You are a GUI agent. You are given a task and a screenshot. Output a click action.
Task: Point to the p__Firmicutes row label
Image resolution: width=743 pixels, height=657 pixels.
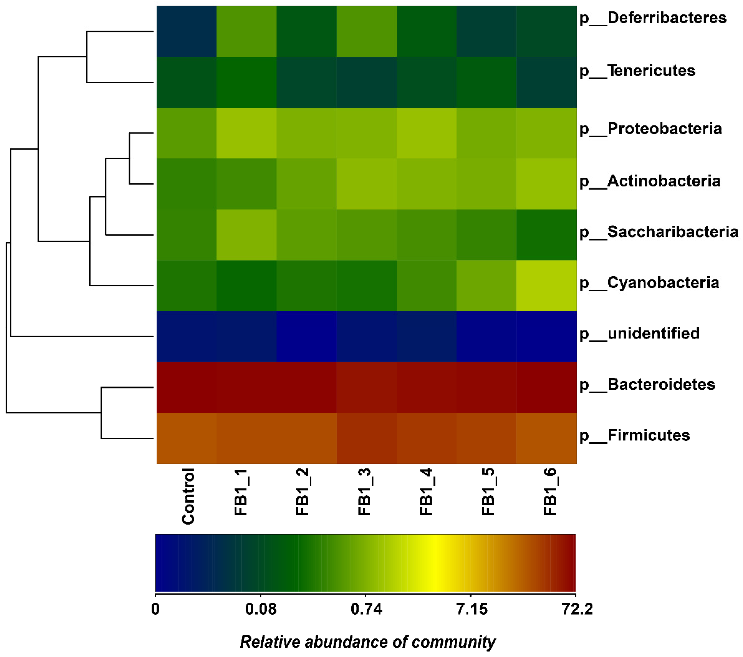(x=634, y=435)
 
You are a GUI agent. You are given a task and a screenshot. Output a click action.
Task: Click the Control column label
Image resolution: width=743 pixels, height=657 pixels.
(x=188, y=496)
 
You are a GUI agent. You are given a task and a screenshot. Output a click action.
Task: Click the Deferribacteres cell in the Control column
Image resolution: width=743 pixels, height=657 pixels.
(x=186, y=31)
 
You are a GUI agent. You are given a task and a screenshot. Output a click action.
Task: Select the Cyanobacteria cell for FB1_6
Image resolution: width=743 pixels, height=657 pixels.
(x=546, y=286)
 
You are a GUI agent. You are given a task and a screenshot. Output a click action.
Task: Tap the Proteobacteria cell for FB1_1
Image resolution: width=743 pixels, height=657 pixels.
(x=247, y=133)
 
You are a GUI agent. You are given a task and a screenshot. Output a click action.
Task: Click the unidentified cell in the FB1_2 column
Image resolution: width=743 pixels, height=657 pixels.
(x=306, y=336)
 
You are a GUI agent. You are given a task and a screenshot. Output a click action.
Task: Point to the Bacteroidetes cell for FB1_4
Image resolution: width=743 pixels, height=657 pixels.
(x=426, y=387)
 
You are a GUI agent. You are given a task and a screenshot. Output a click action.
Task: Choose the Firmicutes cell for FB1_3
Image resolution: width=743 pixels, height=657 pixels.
(x=366, y=438)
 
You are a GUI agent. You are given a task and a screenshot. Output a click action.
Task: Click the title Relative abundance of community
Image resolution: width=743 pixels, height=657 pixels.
(x=367, y=642)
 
